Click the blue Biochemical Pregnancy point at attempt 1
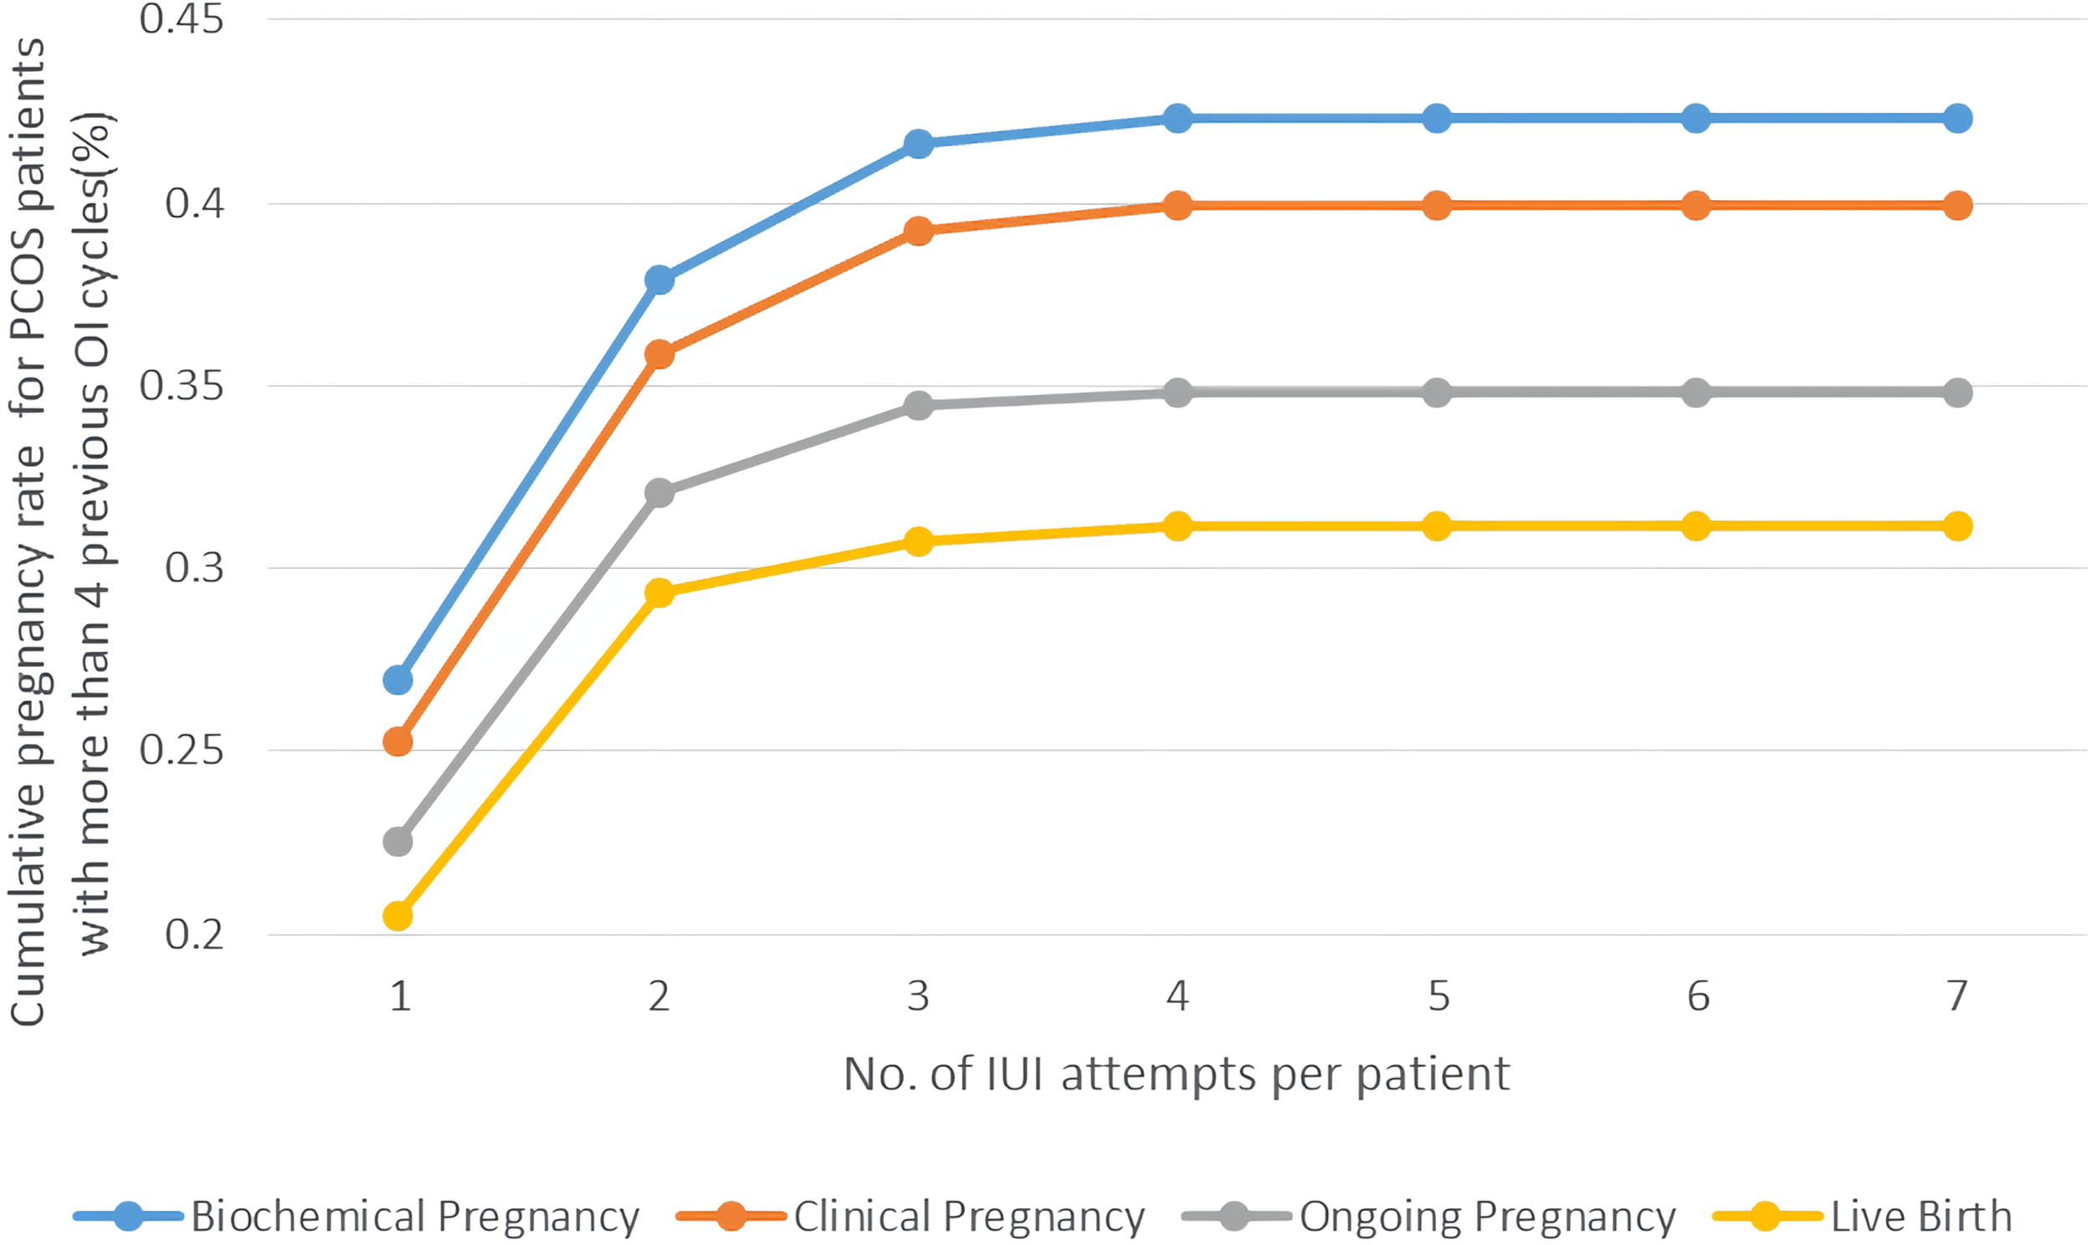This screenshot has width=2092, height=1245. [x=397, y=679]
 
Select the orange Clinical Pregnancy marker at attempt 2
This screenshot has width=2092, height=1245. [x=659, y=354]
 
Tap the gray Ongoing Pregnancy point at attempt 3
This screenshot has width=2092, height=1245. [x=919, y=406]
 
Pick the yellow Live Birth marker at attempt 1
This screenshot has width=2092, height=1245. [x=397, y=916]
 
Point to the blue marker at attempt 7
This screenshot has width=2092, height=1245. [x=1957, y=118]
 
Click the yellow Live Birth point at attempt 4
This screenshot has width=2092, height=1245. [x=1177, y=526]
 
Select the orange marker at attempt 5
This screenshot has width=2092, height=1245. [x=1437, y=206]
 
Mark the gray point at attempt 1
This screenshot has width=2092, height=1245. [x=397, y=842]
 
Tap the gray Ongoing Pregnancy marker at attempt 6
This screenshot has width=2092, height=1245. [x=1696, y=392]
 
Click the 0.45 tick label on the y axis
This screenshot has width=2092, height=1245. [x=182, y=19]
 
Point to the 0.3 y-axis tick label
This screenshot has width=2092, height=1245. [x=195, y=568]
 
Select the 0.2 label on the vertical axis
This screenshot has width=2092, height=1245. [x=195, y=935]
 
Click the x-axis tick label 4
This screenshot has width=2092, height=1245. [x=1177, y=997]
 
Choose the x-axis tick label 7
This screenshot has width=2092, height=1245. [x=1957, y=997]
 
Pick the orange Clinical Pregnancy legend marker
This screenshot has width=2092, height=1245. [x=731, y=1216]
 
